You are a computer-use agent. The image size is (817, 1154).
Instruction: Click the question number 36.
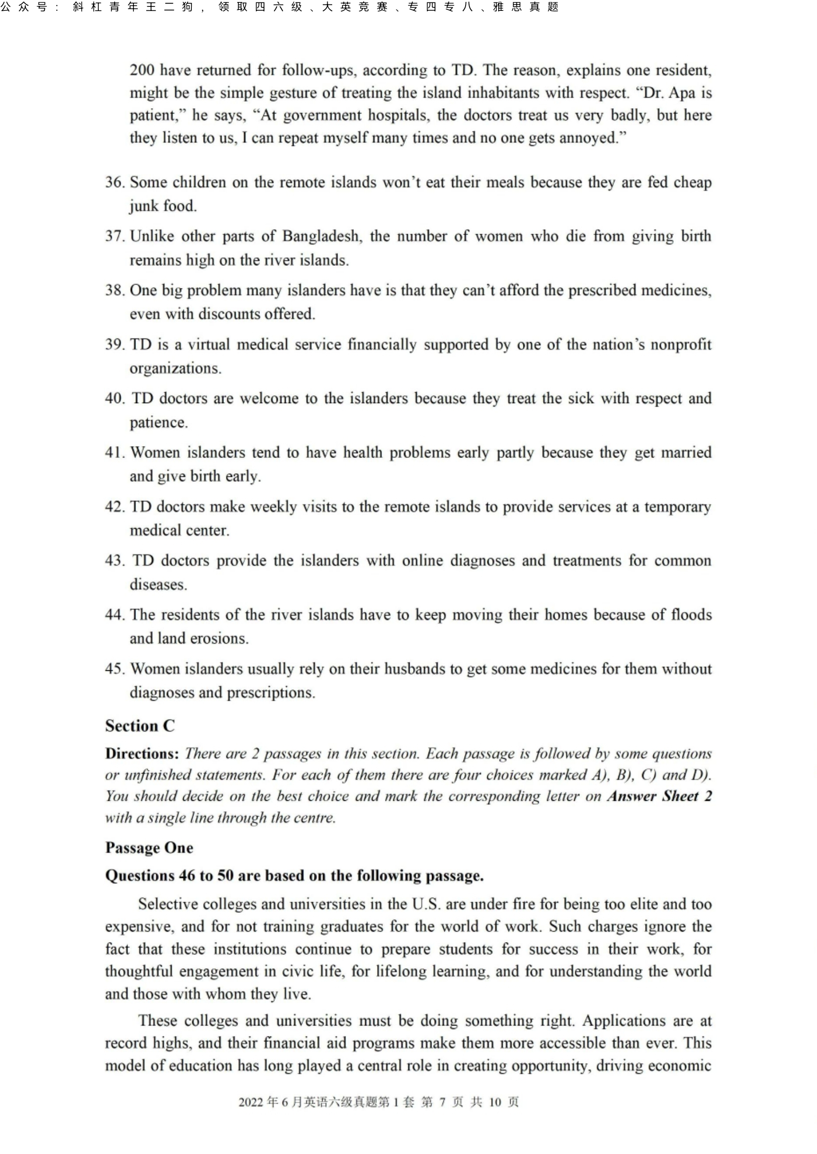tap(114, 182)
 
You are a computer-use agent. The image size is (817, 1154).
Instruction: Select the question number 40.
tap(114, 398)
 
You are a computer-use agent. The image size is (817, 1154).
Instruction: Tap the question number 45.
tap(114, 669)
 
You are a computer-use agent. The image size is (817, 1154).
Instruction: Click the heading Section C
tap(140, 726)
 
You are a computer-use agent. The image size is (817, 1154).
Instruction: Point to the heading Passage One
tap(149, 848)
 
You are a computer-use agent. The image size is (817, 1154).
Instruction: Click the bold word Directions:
tap(142, 754)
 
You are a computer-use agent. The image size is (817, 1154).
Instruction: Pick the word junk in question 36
tap(142, 206)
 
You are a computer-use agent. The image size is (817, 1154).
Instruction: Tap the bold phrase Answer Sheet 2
tap(659, 796)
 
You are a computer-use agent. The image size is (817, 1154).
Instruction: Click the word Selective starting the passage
tap(168, 904)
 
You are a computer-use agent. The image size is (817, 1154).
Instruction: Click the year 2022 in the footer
tap(251, 1102)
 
